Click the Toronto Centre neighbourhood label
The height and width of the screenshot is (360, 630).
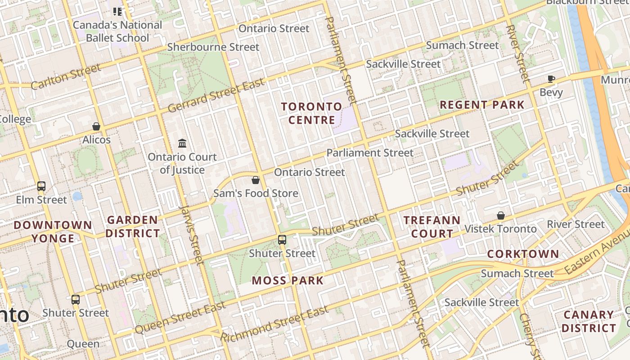coord(312,113)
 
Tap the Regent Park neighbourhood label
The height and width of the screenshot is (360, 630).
coord(482,105)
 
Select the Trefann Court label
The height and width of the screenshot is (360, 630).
coord(432,227)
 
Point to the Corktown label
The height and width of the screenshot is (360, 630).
coord(523,254)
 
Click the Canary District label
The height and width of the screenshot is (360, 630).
coord(589,321)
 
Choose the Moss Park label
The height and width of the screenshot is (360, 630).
coord(288,281)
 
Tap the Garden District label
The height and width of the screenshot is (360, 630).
coord(132,227)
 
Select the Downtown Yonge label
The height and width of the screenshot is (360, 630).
coord(53,231)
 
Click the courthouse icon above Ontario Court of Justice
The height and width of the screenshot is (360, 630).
coord(182,143)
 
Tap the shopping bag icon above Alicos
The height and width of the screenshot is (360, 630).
coord(96,126)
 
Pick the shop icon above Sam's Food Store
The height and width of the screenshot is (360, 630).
coord(256,180)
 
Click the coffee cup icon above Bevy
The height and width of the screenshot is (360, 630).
coord(551,79)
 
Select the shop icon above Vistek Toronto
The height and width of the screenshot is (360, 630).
coord(500,216)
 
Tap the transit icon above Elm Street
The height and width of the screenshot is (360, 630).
coord(41,186)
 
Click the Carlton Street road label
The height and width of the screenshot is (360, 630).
coord(66,77)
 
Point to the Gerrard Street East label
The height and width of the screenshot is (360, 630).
coord(216,96)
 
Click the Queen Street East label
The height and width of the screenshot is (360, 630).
coord(180,318)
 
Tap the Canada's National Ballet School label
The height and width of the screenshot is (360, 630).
coord(117,31)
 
